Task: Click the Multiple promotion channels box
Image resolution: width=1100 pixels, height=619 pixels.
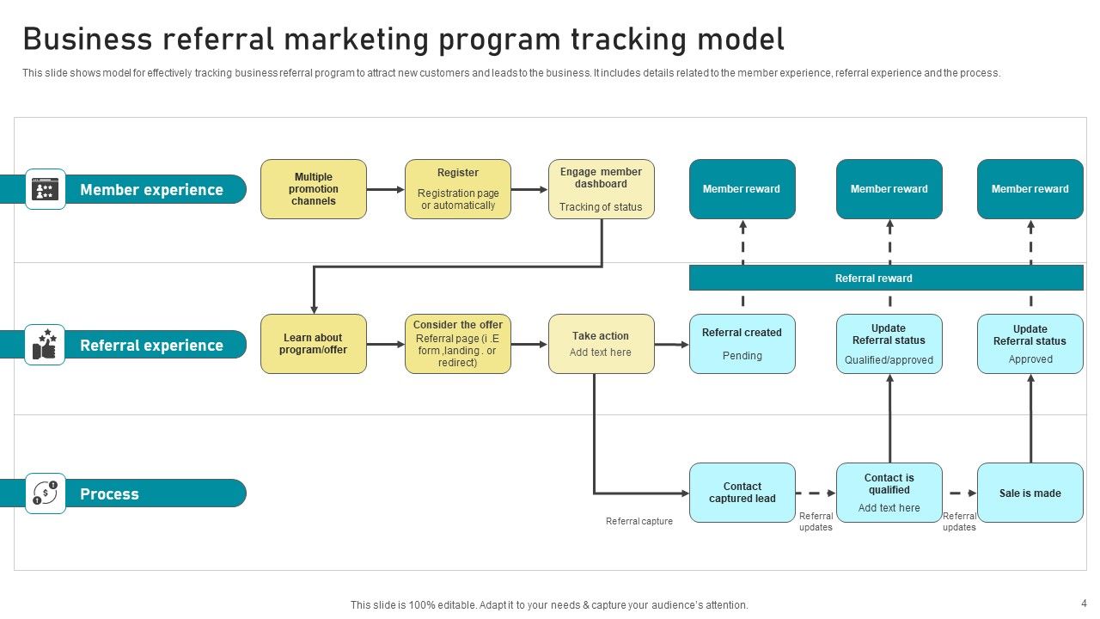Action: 314,189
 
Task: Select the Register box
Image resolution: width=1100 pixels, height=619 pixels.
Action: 458,189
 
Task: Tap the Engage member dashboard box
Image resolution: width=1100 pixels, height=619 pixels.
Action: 602,189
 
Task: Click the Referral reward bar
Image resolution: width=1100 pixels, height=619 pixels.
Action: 886,278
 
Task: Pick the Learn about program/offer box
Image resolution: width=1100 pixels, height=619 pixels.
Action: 314,344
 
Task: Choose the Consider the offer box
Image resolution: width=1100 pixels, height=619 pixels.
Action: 458,344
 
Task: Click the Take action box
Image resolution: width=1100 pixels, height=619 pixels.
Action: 602,344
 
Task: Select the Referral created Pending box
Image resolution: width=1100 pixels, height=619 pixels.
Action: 742,344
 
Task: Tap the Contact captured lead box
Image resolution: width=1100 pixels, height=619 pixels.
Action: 742,493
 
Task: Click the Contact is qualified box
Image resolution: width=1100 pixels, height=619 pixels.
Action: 889,493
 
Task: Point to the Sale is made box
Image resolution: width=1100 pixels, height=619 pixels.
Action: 1030,493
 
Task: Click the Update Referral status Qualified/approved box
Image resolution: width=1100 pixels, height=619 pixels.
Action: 889,344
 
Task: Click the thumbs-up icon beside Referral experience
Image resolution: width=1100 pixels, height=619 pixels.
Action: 45,345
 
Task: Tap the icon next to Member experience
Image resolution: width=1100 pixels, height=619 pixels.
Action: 45,189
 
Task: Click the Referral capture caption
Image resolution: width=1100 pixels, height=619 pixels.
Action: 639,521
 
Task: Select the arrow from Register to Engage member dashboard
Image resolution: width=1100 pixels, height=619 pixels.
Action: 529,189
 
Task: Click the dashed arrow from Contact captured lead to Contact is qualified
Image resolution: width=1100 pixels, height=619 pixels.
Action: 816,493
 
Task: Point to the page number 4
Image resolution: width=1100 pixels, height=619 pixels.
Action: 1084,603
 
